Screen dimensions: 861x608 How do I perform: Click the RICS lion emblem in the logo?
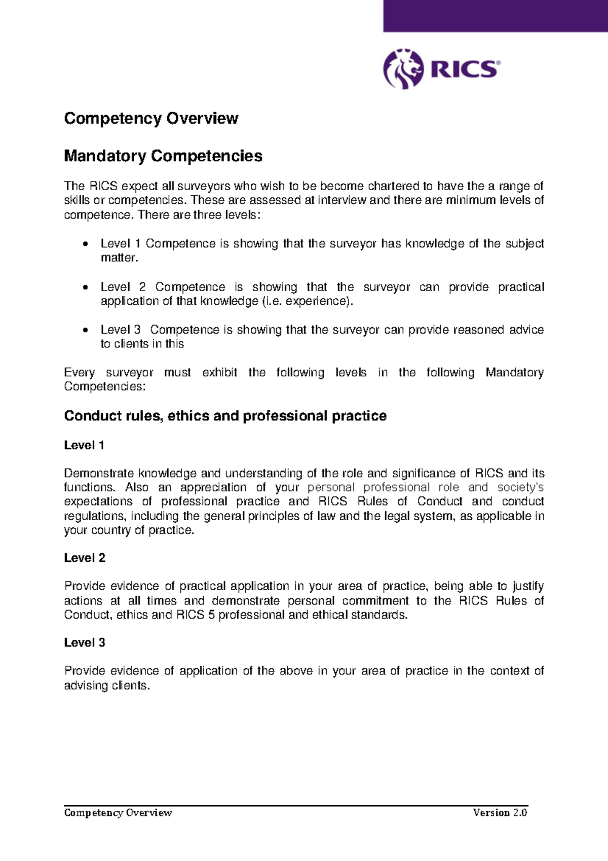coord(403,69)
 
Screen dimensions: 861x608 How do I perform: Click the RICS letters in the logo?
coord(465,69)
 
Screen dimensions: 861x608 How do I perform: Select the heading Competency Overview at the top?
coord(151,118)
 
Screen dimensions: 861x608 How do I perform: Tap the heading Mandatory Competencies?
coord(163,156)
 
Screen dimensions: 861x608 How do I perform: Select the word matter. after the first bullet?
coord(119,258)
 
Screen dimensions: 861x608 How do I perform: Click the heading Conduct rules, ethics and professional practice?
coord(225,416)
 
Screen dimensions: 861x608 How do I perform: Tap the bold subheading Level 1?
coord(84,445)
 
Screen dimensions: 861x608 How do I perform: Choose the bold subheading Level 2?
coord(85,558)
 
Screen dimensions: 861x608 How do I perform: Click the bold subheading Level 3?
coord(85,642)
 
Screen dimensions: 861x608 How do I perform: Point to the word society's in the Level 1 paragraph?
coord(520,487)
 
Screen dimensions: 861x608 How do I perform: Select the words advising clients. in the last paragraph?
coord(107,686)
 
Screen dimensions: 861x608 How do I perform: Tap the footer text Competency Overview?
coord(118,813)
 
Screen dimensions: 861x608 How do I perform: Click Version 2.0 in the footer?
coord(500,813)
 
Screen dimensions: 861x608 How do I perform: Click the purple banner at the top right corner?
coord(495,16)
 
